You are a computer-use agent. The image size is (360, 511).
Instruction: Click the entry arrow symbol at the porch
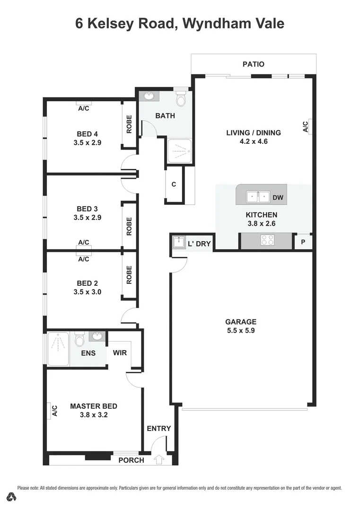158,459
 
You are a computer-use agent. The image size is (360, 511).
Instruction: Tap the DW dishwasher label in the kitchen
278,197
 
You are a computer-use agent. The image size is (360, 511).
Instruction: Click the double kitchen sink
258,196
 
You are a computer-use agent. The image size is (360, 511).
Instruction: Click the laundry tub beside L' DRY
178,243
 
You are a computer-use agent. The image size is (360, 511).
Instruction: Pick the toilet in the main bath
181,100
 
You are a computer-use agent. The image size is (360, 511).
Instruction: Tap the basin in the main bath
149,97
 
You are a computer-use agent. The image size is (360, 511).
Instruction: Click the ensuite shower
58,349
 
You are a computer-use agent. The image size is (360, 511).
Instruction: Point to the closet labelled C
174,185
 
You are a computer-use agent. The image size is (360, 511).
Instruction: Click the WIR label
119,353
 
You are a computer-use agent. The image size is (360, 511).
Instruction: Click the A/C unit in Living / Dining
305,127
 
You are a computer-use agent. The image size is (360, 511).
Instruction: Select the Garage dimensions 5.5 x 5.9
240,331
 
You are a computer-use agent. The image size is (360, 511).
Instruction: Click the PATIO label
253,64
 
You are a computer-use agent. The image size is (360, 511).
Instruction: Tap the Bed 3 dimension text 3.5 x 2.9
88,218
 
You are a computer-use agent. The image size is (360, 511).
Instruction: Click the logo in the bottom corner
12,497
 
